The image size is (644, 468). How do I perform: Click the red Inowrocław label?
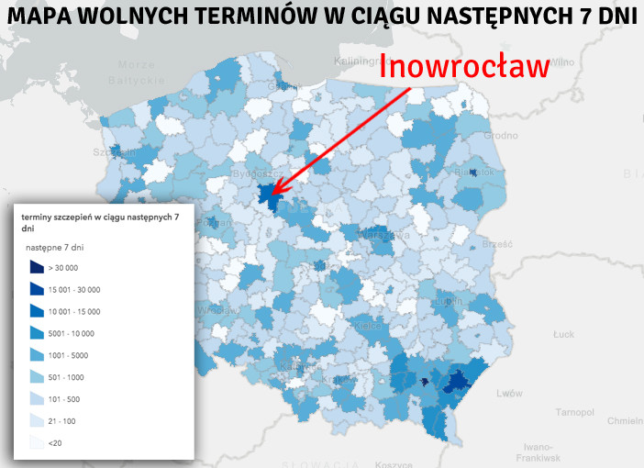464,67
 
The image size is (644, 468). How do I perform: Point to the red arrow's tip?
272,195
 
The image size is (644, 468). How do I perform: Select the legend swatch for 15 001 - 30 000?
37,289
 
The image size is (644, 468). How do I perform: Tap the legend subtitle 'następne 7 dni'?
55,248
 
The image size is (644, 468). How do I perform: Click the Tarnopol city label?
574,410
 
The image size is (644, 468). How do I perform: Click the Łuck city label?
563,334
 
